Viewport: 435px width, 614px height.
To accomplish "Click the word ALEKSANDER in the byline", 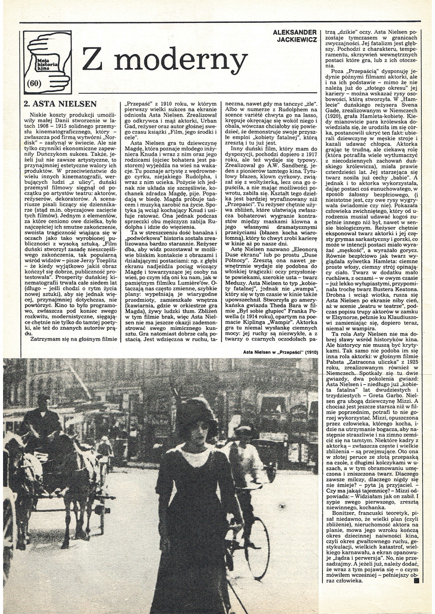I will pos(294,32).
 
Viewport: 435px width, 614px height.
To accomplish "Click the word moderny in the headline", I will pos(180,61).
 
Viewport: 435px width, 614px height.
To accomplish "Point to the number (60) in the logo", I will pos(35,84).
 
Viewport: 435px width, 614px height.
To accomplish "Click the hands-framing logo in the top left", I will pos(47,62).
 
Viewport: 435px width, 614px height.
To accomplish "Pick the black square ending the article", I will pos(416,580).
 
